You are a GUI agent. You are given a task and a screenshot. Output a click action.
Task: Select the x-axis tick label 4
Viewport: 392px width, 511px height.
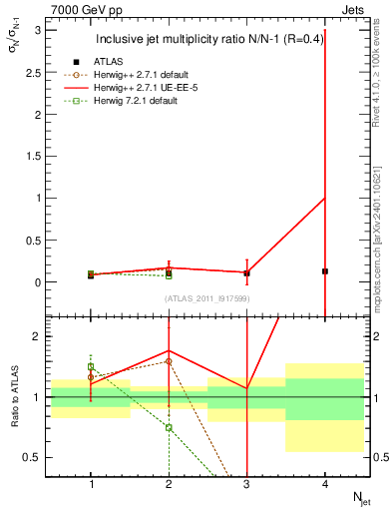325,484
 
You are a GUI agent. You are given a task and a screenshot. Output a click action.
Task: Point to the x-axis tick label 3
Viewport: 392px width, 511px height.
246,484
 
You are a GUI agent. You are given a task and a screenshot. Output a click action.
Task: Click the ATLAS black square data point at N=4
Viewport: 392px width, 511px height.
325,271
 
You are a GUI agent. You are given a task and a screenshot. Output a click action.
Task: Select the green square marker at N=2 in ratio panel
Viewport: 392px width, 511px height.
169,427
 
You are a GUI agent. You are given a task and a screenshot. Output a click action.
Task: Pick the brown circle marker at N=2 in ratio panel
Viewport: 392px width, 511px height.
169,361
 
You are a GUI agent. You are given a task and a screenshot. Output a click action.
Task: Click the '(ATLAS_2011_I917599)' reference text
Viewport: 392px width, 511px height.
206,298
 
